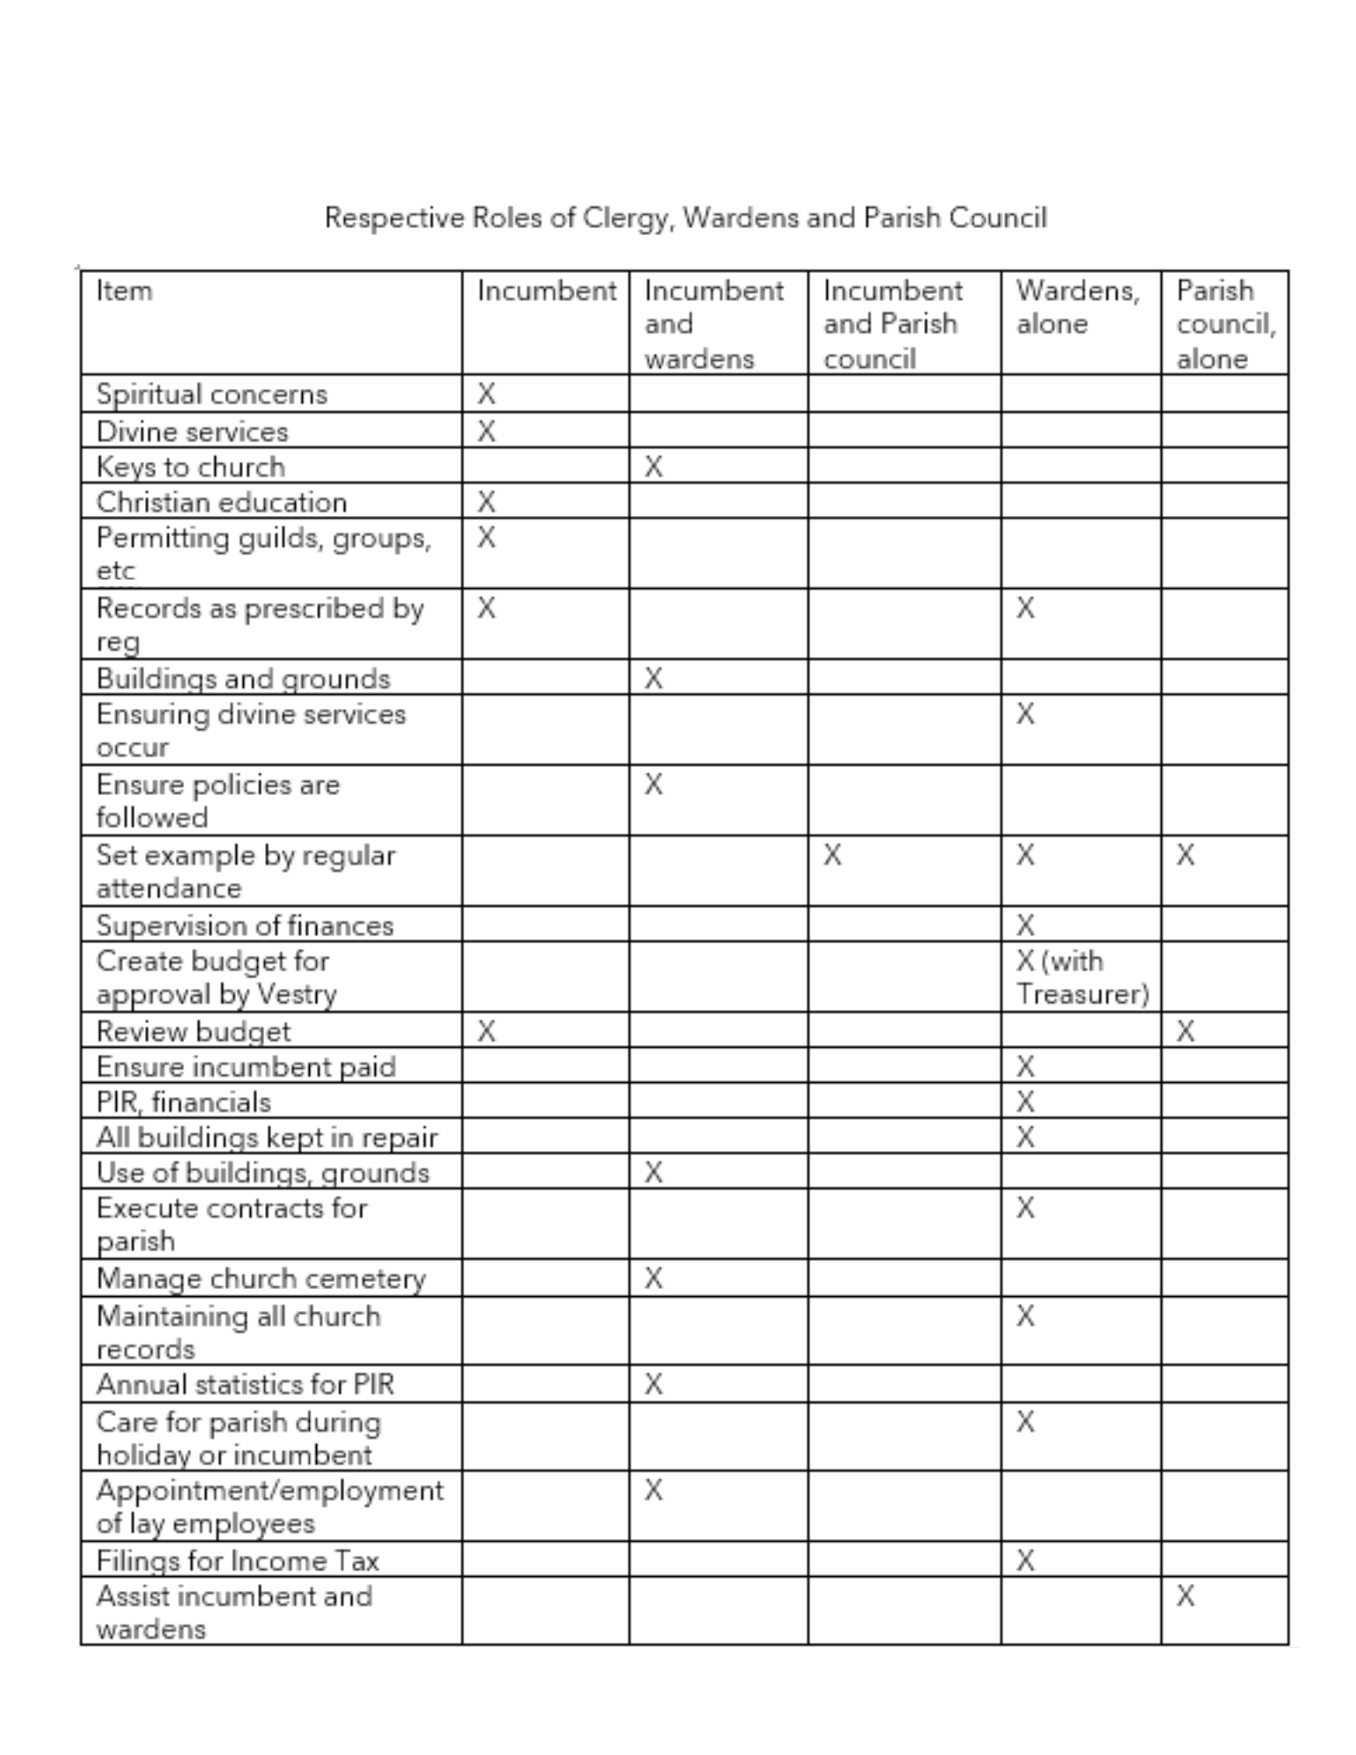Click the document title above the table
pos(685,217)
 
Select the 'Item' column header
pos(124,290)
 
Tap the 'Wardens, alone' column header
pos(1077,307)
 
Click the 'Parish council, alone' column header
pos(1224,324)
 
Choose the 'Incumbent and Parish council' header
pos(892,324)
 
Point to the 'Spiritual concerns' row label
pos(212,394)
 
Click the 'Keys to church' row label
pos(190,466)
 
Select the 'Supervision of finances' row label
pos(245,925)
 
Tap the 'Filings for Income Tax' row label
pos(237,1560)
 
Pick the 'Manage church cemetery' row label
pos(261,1279)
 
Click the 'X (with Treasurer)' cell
pos(1081,978)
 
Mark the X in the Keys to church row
pos(653,466)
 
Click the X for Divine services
pos(486,431)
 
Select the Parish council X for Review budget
pos(1185,1030)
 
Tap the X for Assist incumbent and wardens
pos(1185,1595)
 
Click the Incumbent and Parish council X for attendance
pos(832,854)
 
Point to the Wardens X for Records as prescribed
pos(1025,607)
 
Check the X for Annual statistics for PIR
pos(653,1384)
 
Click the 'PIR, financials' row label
pos(183,1101)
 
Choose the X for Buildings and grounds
pos(653,677)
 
